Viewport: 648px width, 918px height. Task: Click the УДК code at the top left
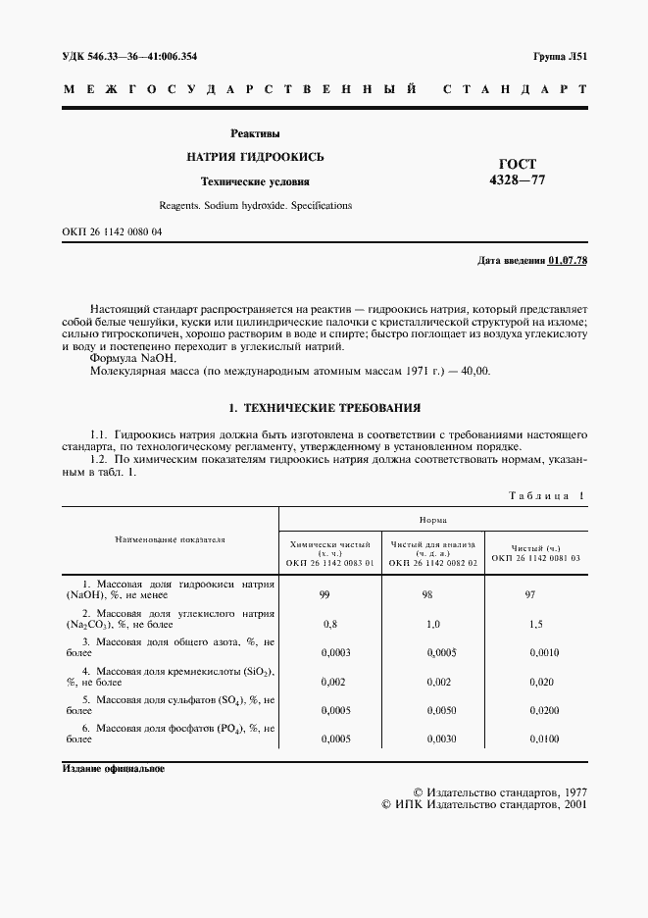[129, 57]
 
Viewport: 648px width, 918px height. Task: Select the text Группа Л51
[560, 57]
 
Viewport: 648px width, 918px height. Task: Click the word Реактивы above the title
[255, 132]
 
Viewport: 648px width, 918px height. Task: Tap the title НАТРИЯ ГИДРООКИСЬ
[255, 157]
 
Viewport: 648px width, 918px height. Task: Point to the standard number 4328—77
[518, 180]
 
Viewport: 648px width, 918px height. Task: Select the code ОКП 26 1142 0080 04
[112, 231]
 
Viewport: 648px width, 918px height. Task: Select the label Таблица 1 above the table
[546, 496]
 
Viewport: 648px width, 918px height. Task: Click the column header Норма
[433, 522]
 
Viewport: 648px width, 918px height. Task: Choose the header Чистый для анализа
[432, 544]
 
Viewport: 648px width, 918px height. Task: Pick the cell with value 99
[324, 595]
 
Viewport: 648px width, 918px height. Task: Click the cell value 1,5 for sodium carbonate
[535, 624]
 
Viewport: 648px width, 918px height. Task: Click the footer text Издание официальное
[115, 768]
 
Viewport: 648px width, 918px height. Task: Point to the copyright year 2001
[571, 803]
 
